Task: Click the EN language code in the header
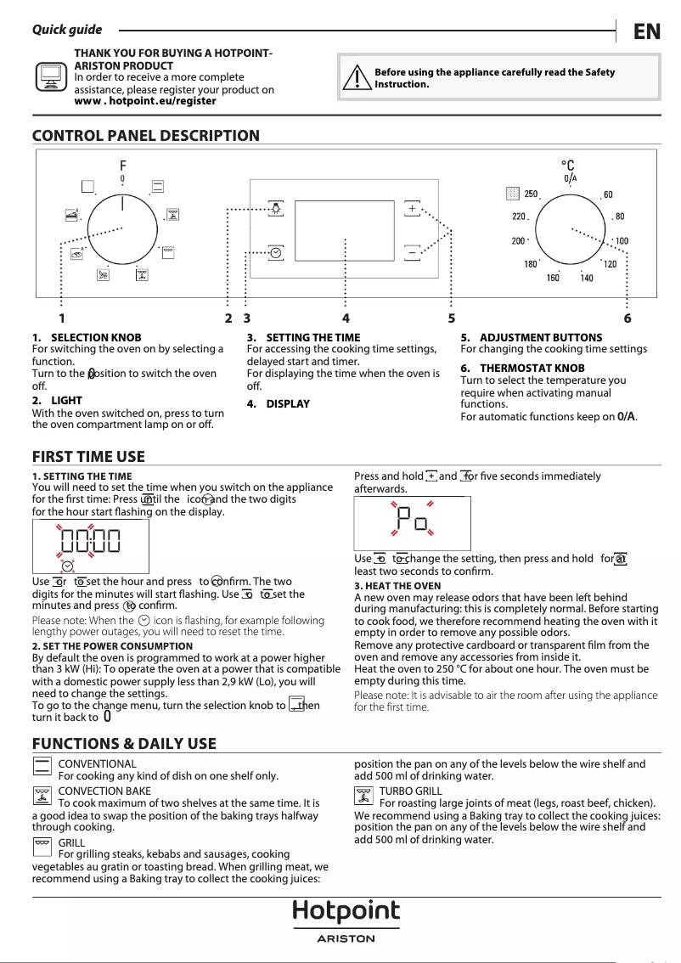click(647, 31)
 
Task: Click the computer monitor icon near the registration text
click(52, 77)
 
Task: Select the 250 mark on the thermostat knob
click(530, 194)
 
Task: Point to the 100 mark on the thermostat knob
click(622, 241)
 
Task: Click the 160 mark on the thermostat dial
click(553, 278)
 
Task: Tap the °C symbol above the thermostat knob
click(568, 166)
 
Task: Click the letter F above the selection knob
click(122, 165)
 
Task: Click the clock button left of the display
click(276, 252)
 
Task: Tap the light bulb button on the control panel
click(276, 208)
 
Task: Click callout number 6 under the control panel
click(627, 318)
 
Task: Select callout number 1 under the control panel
click(62, 318)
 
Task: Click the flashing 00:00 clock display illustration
click(90, 540)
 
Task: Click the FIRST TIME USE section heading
click(88, 457)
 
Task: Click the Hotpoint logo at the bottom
click(346, 913)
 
